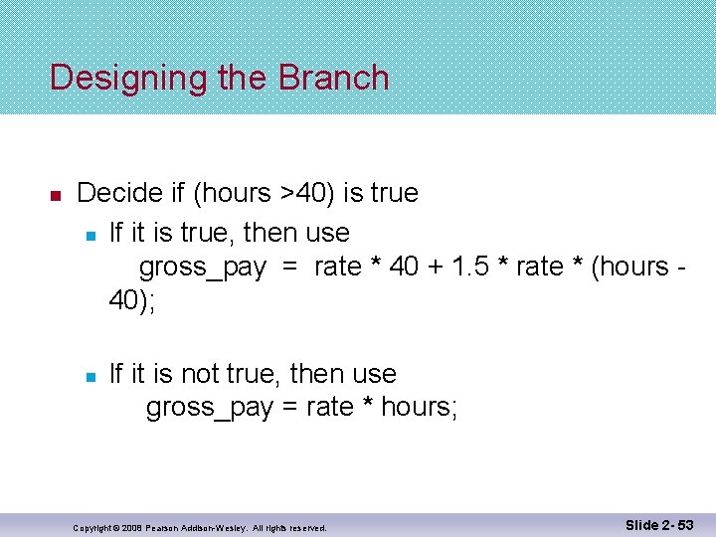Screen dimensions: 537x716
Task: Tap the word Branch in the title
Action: (334, 78)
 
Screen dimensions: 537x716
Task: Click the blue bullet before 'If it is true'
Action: (89, 235)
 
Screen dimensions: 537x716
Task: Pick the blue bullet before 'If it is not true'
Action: (89, 376)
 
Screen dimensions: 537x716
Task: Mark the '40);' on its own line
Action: (132, 300)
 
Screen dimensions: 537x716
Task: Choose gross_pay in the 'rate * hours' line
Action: (209, 408)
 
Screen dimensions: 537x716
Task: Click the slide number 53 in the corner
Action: (686, 524)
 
